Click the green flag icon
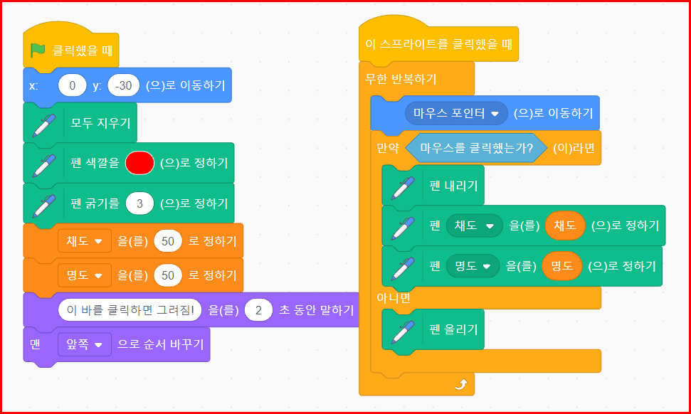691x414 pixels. [38, 51]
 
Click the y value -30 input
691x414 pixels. [123, 85]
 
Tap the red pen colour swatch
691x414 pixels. [139, 163]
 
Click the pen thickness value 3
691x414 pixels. [140, 203]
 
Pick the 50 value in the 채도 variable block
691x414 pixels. [168, 241]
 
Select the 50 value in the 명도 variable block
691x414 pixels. [168, 275]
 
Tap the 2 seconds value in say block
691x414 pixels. [259, 309]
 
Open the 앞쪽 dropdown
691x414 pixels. [84, 344]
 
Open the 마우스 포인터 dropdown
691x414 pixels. [455, 113]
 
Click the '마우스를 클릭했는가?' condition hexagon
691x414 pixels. [476, 148]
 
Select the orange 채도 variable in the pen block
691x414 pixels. [565, 226]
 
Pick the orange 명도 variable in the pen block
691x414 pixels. [562, 266]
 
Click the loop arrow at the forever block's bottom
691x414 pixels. [460, 385]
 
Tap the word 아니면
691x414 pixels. [394, 297]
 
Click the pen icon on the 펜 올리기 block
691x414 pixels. [402, 329]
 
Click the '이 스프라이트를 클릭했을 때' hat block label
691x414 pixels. [438, 44]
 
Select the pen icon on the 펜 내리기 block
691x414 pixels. [402, 186]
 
